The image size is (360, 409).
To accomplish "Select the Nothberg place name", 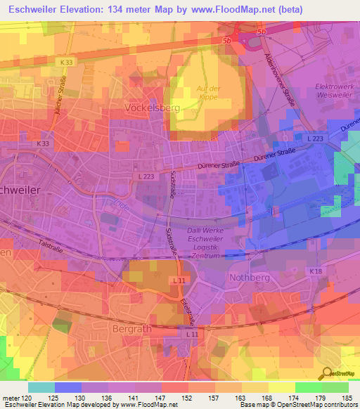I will click(x=250, y=278).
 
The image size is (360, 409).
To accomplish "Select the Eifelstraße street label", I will click(x=186, y=310).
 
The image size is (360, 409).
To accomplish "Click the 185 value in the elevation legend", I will click(x=344, y=397).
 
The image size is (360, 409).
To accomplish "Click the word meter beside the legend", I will click(x=12, y=397).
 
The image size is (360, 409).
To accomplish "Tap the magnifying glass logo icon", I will click(x=326, y=372).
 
